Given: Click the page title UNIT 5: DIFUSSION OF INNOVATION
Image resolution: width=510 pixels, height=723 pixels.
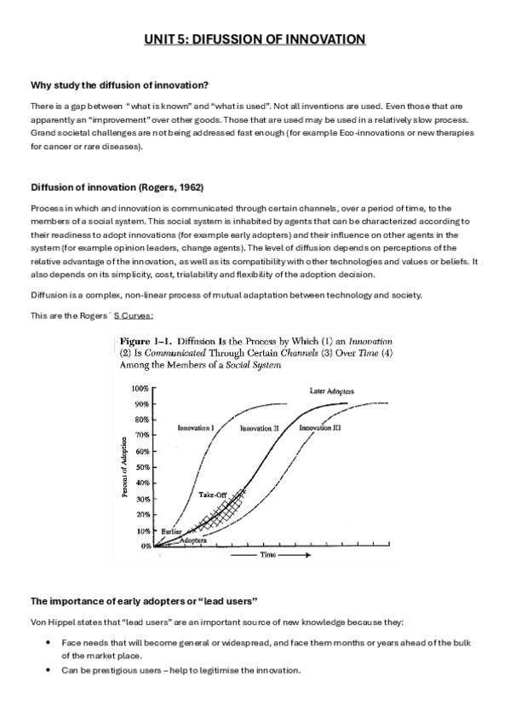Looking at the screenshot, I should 255,39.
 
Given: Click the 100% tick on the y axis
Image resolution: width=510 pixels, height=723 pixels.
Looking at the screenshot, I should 140,388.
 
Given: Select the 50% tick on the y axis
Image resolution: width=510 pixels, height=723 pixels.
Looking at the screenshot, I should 141,467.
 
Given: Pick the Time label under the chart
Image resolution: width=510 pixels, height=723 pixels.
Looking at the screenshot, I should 271,554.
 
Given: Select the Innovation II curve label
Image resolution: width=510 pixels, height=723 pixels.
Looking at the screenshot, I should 260,428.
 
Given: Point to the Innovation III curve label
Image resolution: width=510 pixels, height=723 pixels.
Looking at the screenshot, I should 320,428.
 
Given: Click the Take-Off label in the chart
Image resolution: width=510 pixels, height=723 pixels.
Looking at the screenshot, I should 212,495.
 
